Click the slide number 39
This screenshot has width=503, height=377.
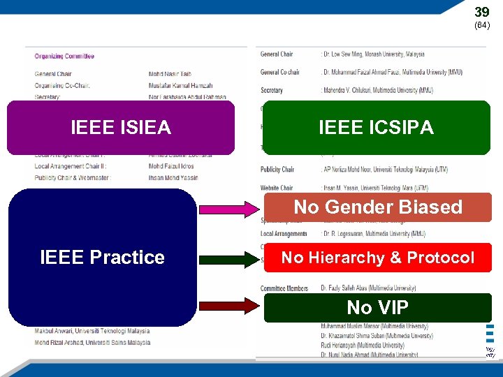pyautogui.click(x=482, y=12)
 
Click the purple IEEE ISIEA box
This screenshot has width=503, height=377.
pyautogui.click(x=121, y=128)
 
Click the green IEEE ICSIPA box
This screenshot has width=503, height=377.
pyautogui.click(x=376, y=128)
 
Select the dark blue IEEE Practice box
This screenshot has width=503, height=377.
pyautogui.click(x=102, y=257)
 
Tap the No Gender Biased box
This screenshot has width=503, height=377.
pyautogui.click(x=377, y=207)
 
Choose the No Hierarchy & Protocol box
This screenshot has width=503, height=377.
pyautogui.click(x=377, y=258)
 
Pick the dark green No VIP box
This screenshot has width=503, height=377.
pyautogui.click(x=377, y=307)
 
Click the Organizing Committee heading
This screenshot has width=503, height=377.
pyautogui.click(x=64, y=57)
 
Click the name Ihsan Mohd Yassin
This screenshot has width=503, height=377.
pyautogui.click(x=174, y=178)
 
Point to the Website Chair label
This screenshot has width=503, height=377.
pyautogui.click(x=277, y=188)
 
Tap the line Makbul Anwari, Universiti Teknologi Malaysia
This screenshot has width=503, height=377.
pyautogui.click(x=92, y=331)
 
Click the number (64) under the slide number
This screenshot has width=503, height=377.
pyautogui.click(x=482, y=25)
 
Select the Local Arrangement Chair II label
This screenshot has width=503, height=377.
pyautogui.click(x=70, y=167)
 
